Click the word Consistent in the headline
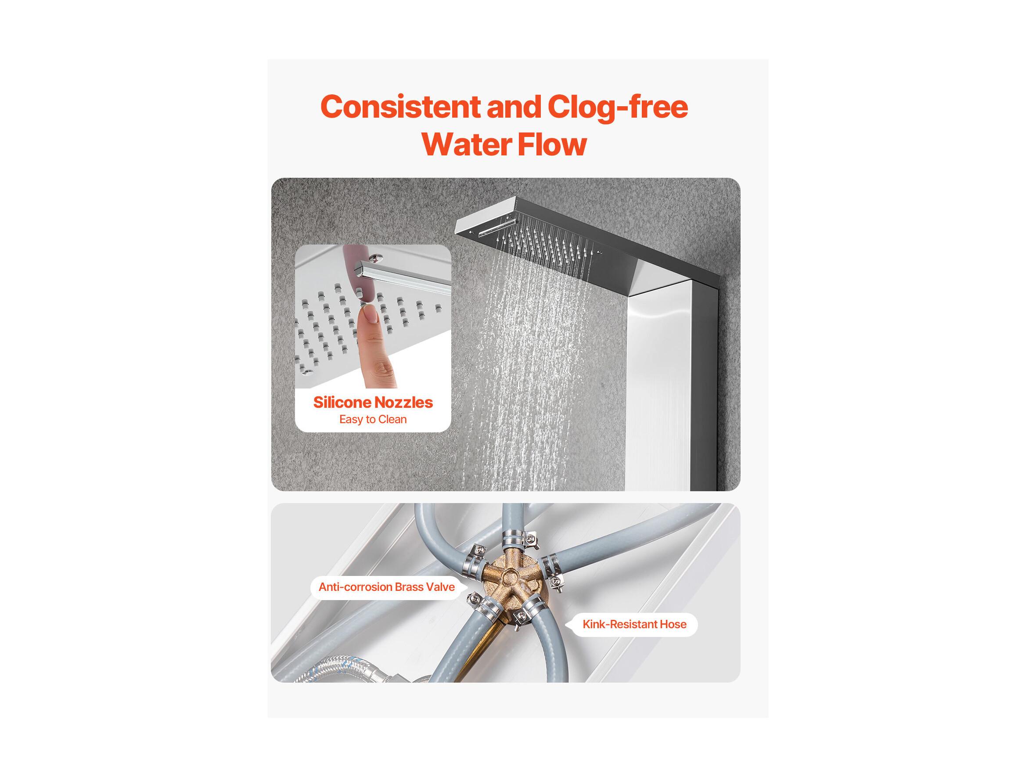coord(400,107)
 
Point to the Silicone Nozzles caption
coord(373,402)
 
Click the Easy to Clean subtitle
coord(373,419)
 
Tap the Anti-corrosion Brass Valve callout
coord(386,587)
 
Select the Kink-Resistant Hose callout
coord(634,624)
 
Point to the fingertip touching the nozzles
coord(368,314)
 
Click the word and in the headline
coord(514,107)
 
